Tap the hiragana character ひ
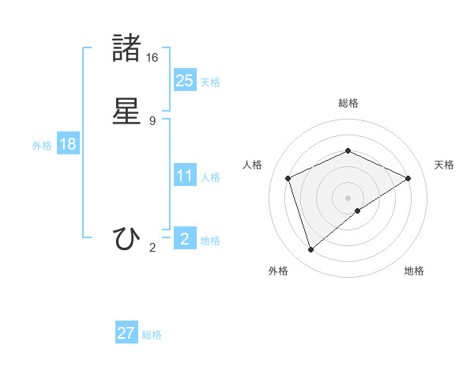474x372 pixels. coord(127,238)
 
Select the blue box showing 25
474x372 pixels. coord(184,81)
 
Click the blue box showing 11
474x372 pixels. coord(184,176)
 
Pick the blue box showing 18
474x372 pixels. coord(68,144)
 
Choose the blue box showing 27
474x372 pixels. coord(126,333)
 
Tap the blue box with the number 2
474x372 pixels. coord(184,239)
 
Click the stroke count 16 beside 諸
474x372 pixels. coord(152,57)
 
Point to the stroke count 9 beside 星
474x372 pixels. coord(152,120)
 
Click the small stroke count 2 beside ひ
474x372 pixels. coord(152,248)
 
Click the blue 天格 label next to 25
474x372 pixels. coord(210,82)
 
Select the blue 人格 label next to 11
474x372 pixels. coord(210,177)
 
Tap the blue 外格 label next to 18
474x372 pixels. coord(42,146)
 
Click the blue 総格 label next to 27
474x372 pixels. coord(152,335)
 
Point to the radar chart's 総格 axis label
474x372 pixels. coord(348,103)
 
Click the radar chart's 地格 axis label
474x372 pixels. coord(414,271)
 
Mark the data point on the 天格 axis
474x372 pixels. coord(408,178)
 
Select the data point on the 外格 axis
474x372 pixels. coord(310,250)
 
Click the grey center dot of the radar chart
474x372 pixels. coord(348,198)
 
